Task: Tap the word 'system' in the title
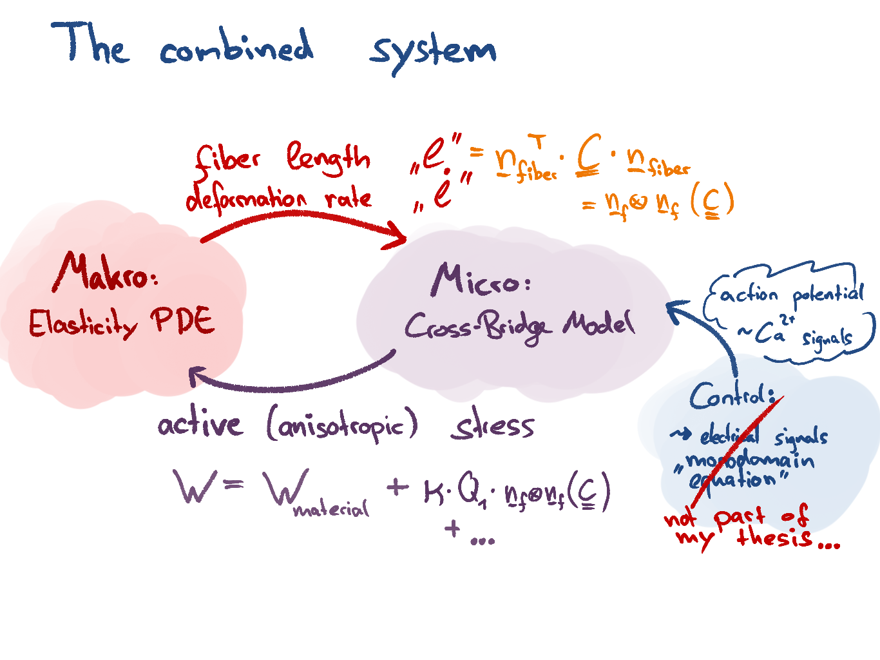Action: (432, 52)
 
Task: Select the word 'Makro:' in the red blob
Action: (106, 273)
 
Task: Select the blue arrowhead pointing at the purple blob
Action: (675, 310)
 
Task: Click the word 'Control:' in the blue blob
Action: (731, 394)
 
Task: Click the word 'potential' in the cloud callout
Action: (827, 295)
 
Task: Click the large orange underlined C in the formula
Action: (589, 155)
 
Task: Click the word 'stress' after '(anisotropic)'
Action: (493, 426)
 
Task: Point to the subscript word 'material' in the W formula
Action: (331, 510)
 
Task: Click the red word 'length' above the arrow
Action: (329, 159)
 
